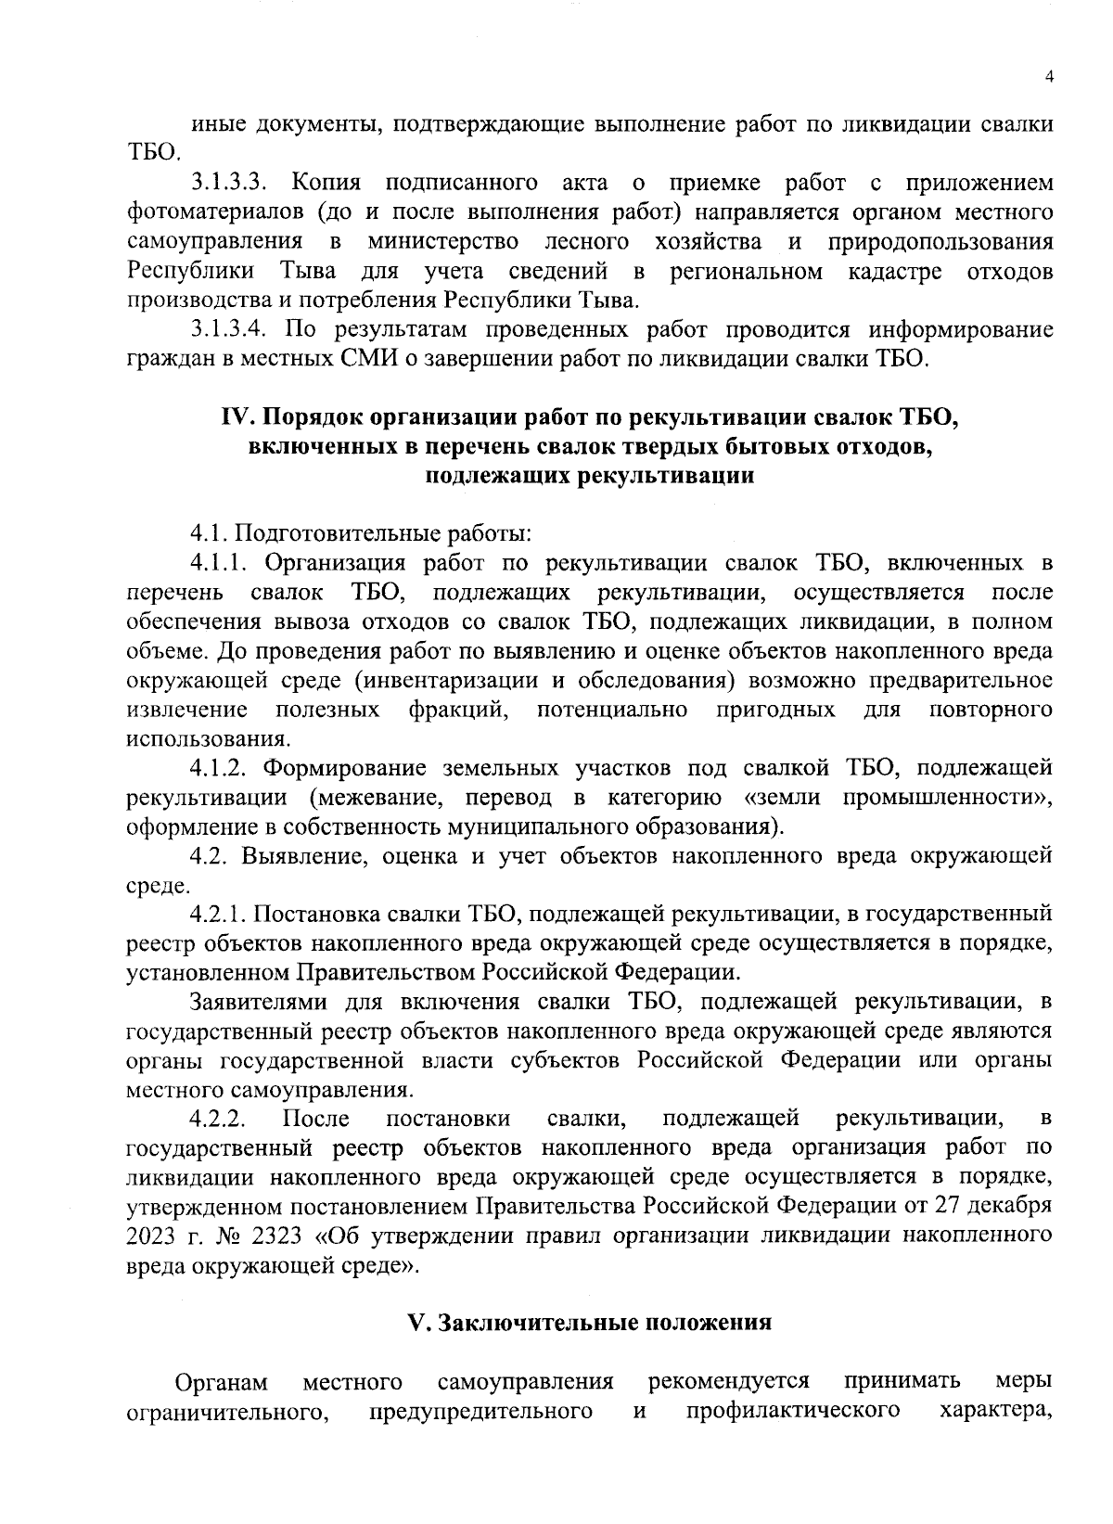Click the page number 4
[1048, 79]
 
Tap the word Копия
[326, 182]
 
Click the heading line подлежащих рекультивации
[589, 477]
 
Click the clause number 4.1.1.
[221, 563]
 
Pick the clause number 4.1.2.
[221, 768]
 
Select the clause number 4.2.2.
[218, 1119]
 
